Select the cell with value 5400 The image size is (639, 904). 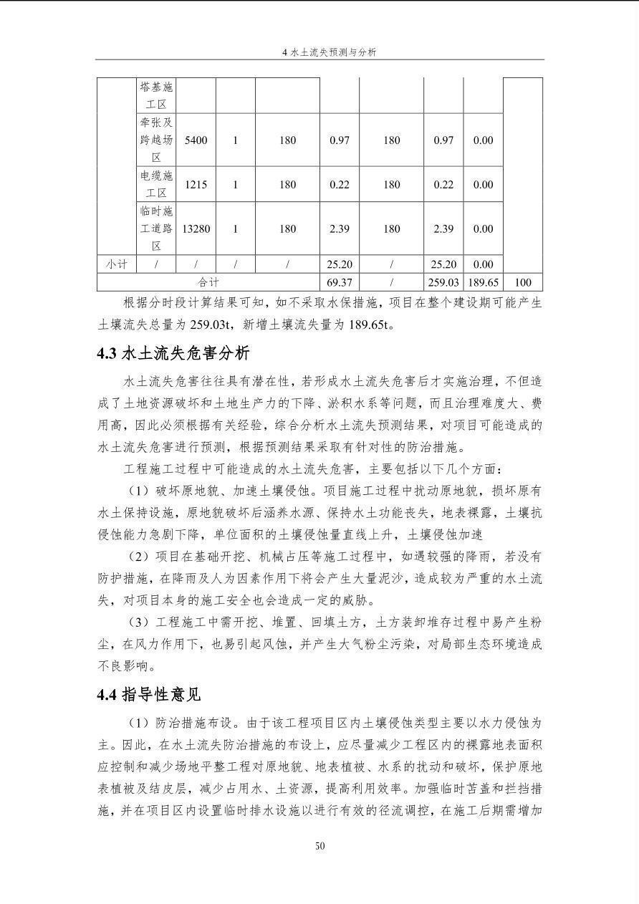pos(196,140)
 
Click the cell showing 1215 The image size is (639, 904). pos(196,185)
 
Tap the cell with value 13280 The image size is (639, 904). pos(196,229)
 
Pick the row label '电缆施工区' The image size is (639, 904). pos(156,185)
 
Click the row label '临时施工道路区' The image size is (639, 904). pos(156,229)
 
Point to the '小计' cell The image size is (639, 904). pos(117,264)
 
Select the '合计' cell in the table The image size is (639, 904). pos(208,283)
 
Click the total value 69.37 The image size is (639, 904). pos(339,283)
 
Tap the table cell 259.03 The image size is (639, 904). pos(443,283)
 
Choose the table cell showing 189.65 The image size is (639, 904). pos(483,283)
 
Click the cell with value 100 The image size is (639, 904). pos(522,283)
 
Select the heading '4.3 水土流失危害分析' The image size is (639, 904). pos(173,354)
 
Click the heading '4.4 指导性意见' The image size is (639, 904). pos(149,695)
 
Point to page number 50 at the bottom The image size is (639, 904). pos(319,846)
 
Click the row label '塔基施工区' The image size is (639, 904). pos(156,96)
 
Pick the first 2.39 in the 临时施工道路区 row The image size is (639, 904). pos(339,229)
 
